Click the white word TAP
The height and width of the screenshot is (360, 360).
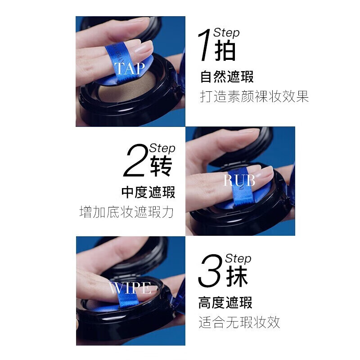tap(130, 68)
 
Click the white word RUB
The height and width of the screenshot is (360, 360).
tap(239, 180)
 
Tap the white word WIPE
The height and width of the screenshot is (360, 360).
tap(130, 288)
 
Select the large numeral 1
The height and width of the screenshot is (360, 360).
tap(204, 45)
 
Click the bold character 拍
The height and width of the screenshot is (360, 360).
tap(225, 50)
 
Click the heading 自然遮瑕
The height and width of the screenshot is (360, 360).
tap(227, 76)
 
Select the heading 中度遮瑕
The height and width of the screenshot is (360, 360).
tap(148, 192)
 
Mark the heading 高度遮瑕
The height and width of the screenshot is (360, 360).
tap(225, 302)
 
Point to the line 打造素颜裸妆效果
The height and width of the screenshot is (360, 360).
tap(254, 97)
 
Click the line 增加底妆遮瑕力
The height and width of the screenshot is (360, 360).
tap(126, 211)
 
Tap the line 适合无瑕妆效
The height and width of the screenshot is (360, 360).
tap(239, 322)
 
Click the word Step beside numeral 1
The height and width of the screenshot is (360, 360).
tap(226, 33)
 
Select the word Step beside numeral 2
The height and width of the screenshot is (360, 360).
tap(162, 148)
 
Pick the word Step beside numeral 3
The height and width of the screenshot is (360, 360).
tap(238, 258)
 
